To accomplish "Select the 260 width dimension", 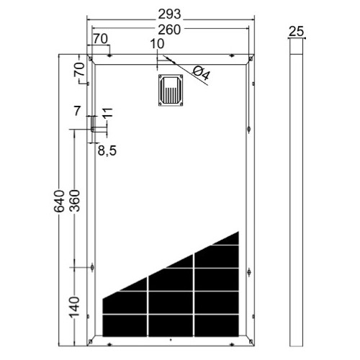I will [x=171, y=29].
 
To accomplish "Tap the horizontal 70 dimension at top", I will [x=100, y=38].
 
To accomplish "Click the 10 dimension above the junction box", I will [x=157, y=45].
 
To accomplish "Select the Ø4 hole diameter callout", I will [x=202, y=72].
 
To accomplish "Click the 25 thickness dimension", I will [x=295, y=31].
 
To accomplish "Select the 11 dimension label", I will [x=108, y=113].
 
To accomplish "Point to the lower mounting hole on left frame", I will [x=91, y=268].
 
